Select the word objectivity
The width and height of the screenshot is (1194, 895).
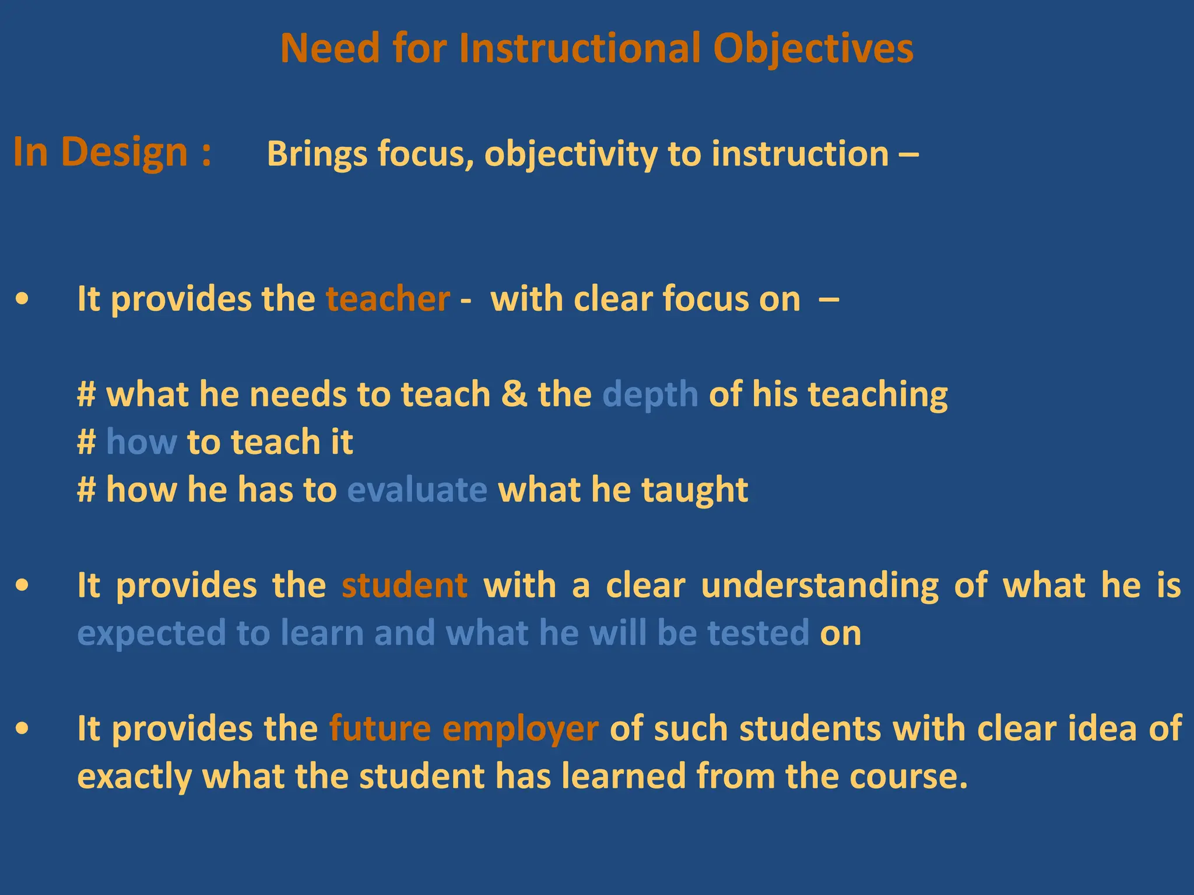(570, 155)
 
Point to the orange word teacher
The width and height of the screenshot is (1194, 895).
(388, 299)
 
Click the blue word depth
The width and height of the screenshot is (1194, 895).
(650, 395)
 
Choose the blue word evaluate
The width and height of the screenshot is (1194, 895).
(417, 489)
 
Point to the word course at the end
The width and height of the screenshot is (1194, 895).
(902, 777)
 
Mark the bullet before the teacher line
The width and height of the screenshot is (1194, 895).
(22, 299)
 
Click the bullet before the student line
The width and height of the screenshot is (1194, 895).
(22, 586)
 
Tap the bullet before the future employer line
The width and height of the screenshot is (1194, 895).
(22, 729)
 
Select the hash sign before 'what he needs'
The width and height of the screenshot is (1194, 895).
(86, 394)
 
